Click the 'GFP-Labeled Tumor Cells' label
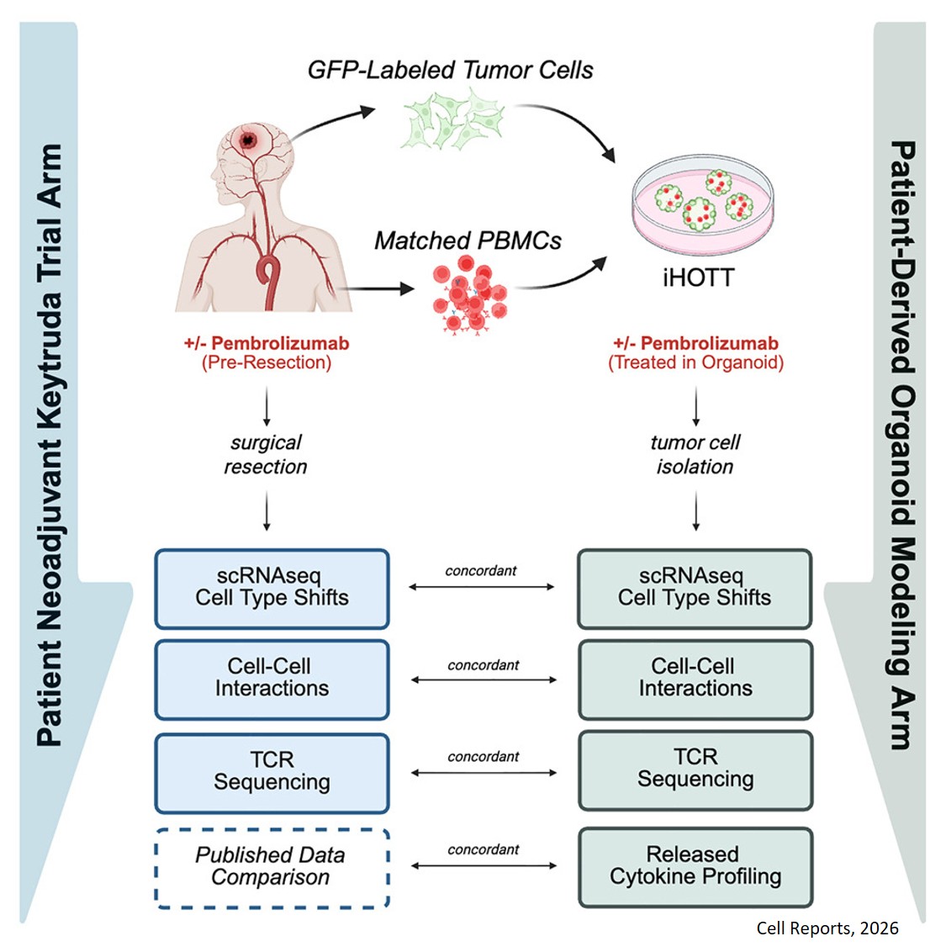[x=450, y=70]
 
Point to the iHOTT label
[x=697, y=278]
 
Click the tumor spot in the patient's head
[x=249, y=140]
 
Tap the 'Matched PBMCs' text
[x=468, y=241]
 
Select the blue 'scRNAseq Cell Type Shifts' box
[x=272, y=588]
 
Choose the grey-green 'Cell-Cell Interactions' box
[x=695, y=679]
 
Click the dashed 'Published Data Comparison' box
[x=272, y=867]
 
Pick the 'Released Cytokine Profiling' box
[x=695, y=866]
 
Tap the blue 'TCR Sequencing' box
[x=272, y=772]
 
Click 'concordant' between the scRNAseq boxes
[x=481, y=571]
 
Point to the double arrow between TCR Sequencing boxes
[x=484, y=772]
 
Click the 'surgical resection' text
[x=266, y=455]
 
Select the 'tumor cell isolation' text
[x=695, y=455]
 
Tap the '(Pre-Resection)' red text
[x=267, y=363]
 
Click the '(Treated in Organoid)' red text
[x=695, y=363]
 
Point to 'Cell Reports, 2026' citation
[x=827, y=928]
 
